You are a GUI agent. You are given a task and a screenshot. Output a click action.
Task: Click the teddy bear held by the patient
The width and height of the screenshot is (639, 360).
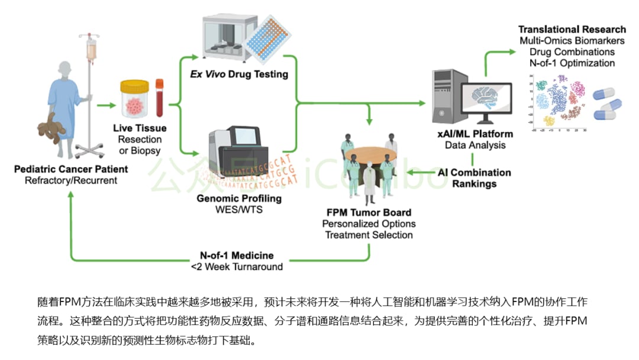pyautogui.click(x=52, y=128)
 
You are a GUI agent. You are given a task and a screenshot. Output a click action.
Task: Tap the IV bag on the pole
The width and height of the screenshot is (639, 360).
pyautogui.click(x=91, y=50)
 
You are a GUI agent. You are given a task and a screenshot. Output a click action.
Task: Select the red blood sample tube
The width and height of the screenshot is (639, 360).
pyautogui.click(x=159, y=98)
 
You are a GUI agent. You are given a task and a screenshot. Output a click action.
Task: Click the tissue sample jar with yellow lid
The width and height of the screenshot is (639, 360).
pyautogui.click(x=135, y=98)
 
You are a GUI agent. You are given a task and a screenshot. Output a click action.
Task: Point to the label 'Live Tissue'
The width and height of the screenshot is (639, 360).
pyautogui.click(x=139, y=128)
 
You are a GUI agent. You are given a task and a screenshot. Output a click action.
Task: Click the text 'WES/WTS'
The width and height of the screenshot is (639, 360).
pyautogui.click(x=239, y=210)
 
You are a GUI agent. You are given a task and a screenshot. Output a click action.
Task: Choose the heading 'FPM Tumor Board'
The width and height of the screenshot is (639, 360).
pyautogui.click(x=369, y=213)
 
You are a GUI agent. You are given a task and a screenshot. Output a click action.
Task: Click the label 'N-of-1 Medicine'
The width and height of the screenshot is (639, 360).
pyautogui.click(x=237, y=255)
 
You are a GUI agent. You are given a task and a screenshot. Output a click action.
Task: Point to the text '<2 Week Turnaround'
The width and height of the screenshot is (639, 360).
pyautogui.click(x=237, y=266)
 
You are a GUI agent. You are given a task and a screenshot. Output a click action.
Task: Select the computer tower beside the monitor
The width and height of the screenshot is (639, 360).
pyautogui.click(x=442, y=98)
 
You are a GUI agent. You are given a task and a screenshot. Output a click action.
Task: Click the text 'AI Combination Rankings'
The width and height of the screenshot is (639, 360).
pyautogui.click(x=474, y=178)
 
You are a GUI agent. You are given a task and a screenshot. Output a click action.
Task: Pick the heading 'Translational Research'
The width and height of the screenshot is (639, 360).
pyautogui.click(x=572, y=30)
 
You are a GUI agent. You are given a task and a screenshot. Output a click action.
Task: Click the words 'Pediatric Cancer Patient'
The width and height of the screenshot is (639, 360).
pyautogui.click(x=71, y=169)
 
